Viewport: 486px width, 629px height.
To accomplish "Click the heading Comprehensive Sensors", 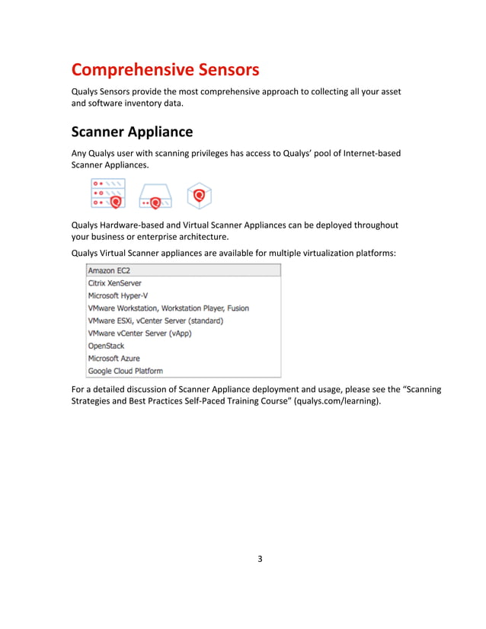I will (x=165, y=70).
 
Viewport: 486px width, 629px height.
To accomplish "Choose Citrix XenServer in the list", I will (x=114, y=283).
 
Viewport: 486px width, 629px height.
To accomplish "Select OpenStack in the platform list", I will (x=106, y=346).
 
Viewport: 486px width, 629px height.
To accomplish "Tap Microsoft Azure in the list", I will (x=114, y=358).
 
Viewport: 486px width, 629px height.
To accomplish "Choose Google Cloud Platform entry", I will (x=125, y=371).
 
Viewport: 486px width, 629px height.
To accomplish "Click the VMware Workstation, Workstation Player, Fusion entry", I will (x=168, y=308).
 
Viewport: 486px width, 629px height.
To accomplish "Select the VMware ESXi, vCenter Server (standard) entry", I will (x=155, y=321).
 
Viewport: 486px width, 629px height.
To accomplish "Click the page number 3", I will (x=259, y=559).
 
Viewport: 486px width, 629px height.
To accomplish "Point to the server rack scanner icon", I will (x=107, y=193).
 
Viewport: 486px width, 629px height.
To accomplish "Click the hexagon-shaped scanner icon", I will (x=199, y=195).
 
